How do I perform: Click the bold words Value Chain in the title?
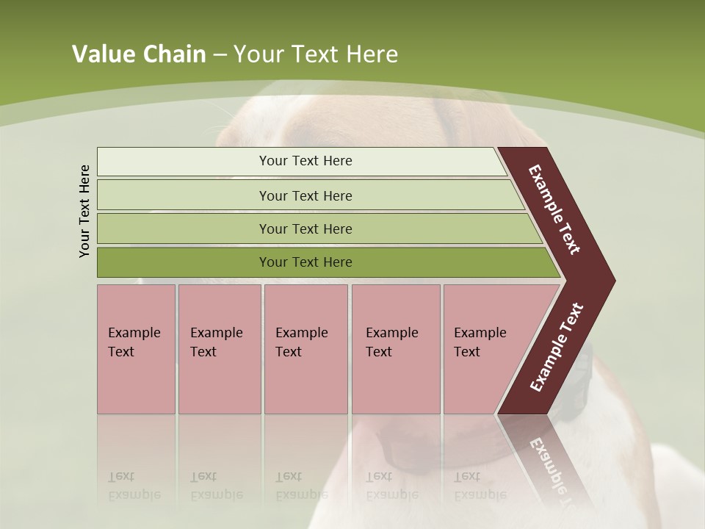pos(139,54)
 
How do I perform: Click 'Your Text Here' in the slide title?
pos(316,54)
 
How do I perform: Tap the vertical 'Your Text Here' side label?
pos(84,212)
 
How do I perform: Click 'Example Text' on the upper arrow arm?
pos(554,209)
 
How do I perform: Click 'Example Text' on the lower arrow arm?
pos(557,347)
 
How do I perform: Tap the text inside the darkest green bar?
pos(305,262)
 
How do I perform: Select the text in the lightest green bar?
pos(305,161)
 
